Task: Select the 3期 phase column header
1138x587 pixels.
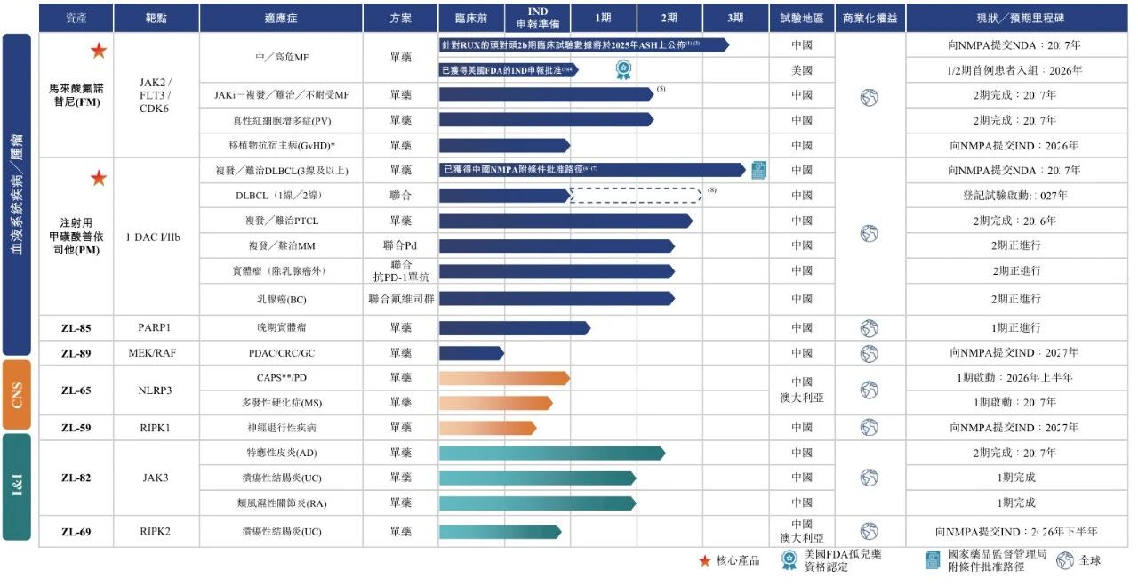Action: (735, 18)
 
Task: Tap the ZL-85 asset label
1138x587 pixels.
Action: (76, 328)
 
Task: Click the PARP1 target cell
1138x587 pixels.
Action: (156, 328)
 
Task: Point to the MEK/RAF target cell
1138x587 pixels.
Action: (156, 353)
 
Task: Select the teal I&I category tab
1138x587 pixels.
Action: (17, 487)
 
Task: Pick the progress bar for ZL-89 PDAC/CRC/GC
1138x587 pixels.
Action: (470, 353)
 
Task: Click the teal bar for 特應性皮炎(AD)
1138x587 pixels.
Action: (551, 453)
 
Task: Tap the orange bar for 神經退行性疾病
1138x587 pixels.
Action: (487, 428)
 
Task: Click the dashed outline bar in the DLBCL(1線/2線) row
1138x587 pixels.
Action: (636, 195)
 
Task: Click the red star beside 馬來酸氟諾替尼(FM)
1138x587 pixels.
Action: (98, 52)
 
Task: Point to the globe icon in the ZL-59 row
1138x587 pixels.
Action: (869, 428)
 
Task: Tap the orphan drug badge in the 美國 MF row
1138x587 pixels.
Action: (624, 70)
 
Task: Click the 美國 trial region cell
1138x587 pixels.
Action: (802, 70)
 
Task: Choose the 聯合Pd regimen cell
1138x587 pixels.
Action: (400, 245)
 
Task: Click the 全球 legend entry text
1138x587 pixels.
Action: (1089, 560)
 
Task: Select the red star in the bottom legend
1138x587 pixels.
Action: (704, 560)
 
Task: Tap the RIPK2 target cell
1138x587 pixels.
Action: (156, 532)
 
